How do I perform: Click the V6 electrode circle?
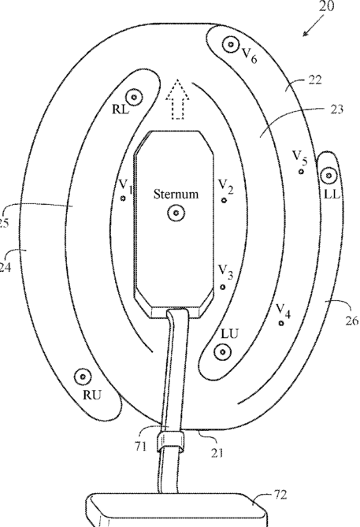(x=231, y=44)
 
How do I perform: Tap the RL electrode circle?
(x=134, y=97)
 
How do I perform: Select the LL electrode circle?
(x=328, y=175)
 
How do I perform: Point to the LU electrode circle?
(x=222, y=352)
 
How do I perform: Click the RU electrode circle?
(x=83, y=377)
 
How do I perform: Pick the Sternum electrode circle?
(x=176, y=213)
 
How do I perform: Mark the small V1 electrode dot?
(x=123, y=199)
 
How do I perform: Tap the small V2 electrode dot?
(x=224, y=200)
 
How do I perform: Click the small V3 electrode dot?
(x=223, y=287)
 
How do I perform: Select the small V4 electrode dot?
(x=281, y=323)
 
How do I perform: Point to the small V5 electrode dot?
(x=301, y=172)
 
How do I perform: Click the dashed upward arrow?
(x=177, y=99)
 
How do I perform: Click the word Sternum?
(x=176, y=194)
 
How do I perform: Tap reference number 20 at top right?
(x=325, y=6)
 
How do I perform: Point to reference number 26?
(x=352, y=321)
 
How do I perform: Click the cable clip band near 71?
(x=170, y=441)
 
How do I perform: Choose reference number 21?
(x=217, y=453)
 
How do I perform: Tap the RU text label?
(x=91, y=395)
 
